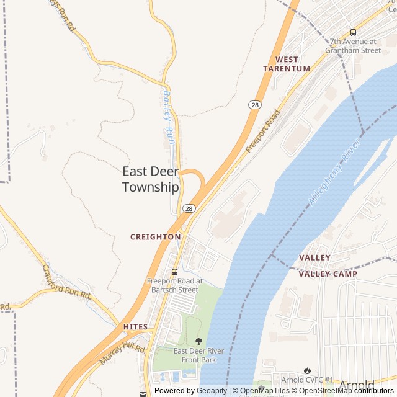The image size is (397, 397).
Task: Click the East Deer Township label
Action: (151, 179)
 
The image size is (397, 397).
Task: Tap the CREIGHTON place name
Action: (155, 237)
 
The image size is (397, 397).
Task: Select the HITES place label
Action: (135, 327)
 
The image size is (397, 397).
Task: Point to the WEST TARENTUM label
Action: (287, 64)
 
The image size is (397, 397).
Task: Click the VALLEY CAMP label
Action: (328, 274)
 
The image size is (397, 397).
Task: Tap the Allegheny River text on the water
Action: (334, 174)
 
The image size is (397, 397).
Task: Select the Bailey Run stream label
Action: (169, 118)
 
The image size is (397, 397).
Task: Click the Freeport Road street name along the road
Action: (262, 132)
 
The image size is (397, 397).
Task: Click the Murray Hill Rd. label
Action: (123, 355)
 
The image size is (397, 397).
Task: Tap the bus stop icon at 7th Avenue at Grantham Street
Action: (353, 32)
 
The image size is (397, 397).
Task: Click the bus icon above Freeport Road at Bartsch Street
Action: (174, 271)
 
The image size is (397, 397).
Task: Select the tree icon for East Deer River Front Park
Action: (198, 341)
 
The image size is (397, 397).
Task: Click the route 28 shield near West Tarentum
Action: (255, 105)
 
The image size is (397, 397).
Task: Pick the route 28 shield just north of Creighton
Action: (189, 208)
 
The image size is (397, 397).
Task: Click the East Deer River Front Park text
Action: (198, 355)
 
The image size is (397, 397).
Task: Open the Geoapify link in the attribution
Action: (212, 391)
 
